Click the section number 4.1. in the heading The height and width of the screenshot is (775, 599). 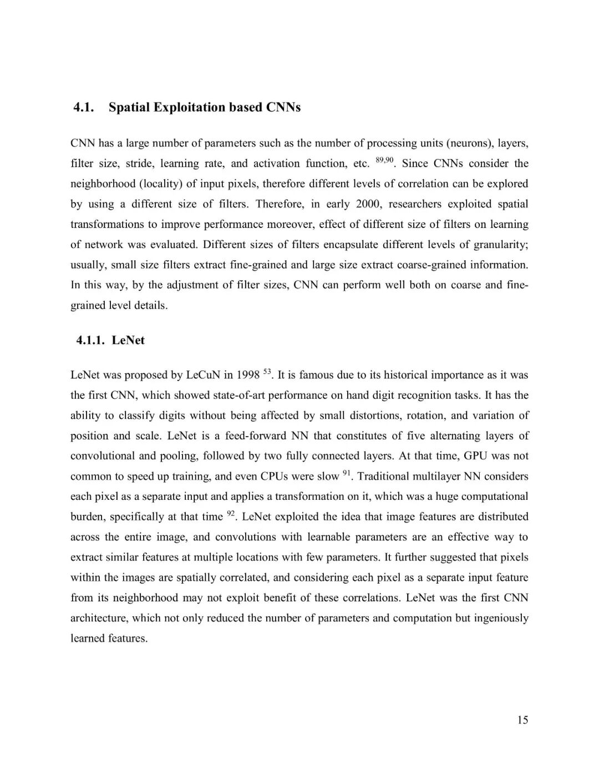coord(84,107)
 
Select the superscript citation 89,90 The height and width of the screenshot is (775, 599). coord(384,160)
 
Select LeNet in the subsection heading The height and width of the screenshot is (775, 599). coord(128,340)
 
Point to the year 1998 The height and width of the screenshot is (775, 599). coord(248,375)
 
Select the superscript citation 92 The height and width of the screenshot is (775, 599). coord(231,514)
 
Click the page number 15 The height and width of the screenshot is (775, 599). coord(522,720)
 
